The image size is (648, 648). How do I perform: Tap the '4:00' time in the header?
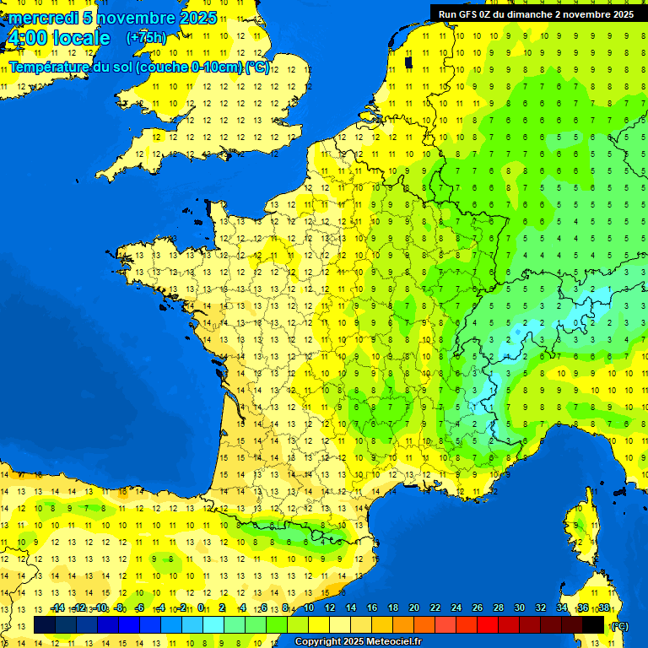(26, 38)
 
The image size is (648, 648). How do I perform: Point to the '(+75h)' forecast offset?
(146, 38)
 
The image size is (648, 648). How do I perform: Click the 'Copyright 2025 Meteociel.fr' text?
(358, 642)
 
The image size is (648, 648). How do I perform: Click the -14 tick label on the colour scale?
(57, 607)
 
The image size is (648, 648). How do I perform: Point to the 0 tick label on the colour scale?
(201, 607)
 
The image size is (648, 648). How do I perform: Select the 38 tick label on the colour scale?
(603, 607)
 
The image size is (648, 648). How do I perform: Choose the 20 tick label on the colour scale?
(413, 607)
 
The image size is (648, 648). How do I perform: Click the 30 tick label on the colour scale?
(519, 607)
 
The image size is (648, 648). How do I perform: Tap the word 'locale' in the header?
(81, 38)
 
